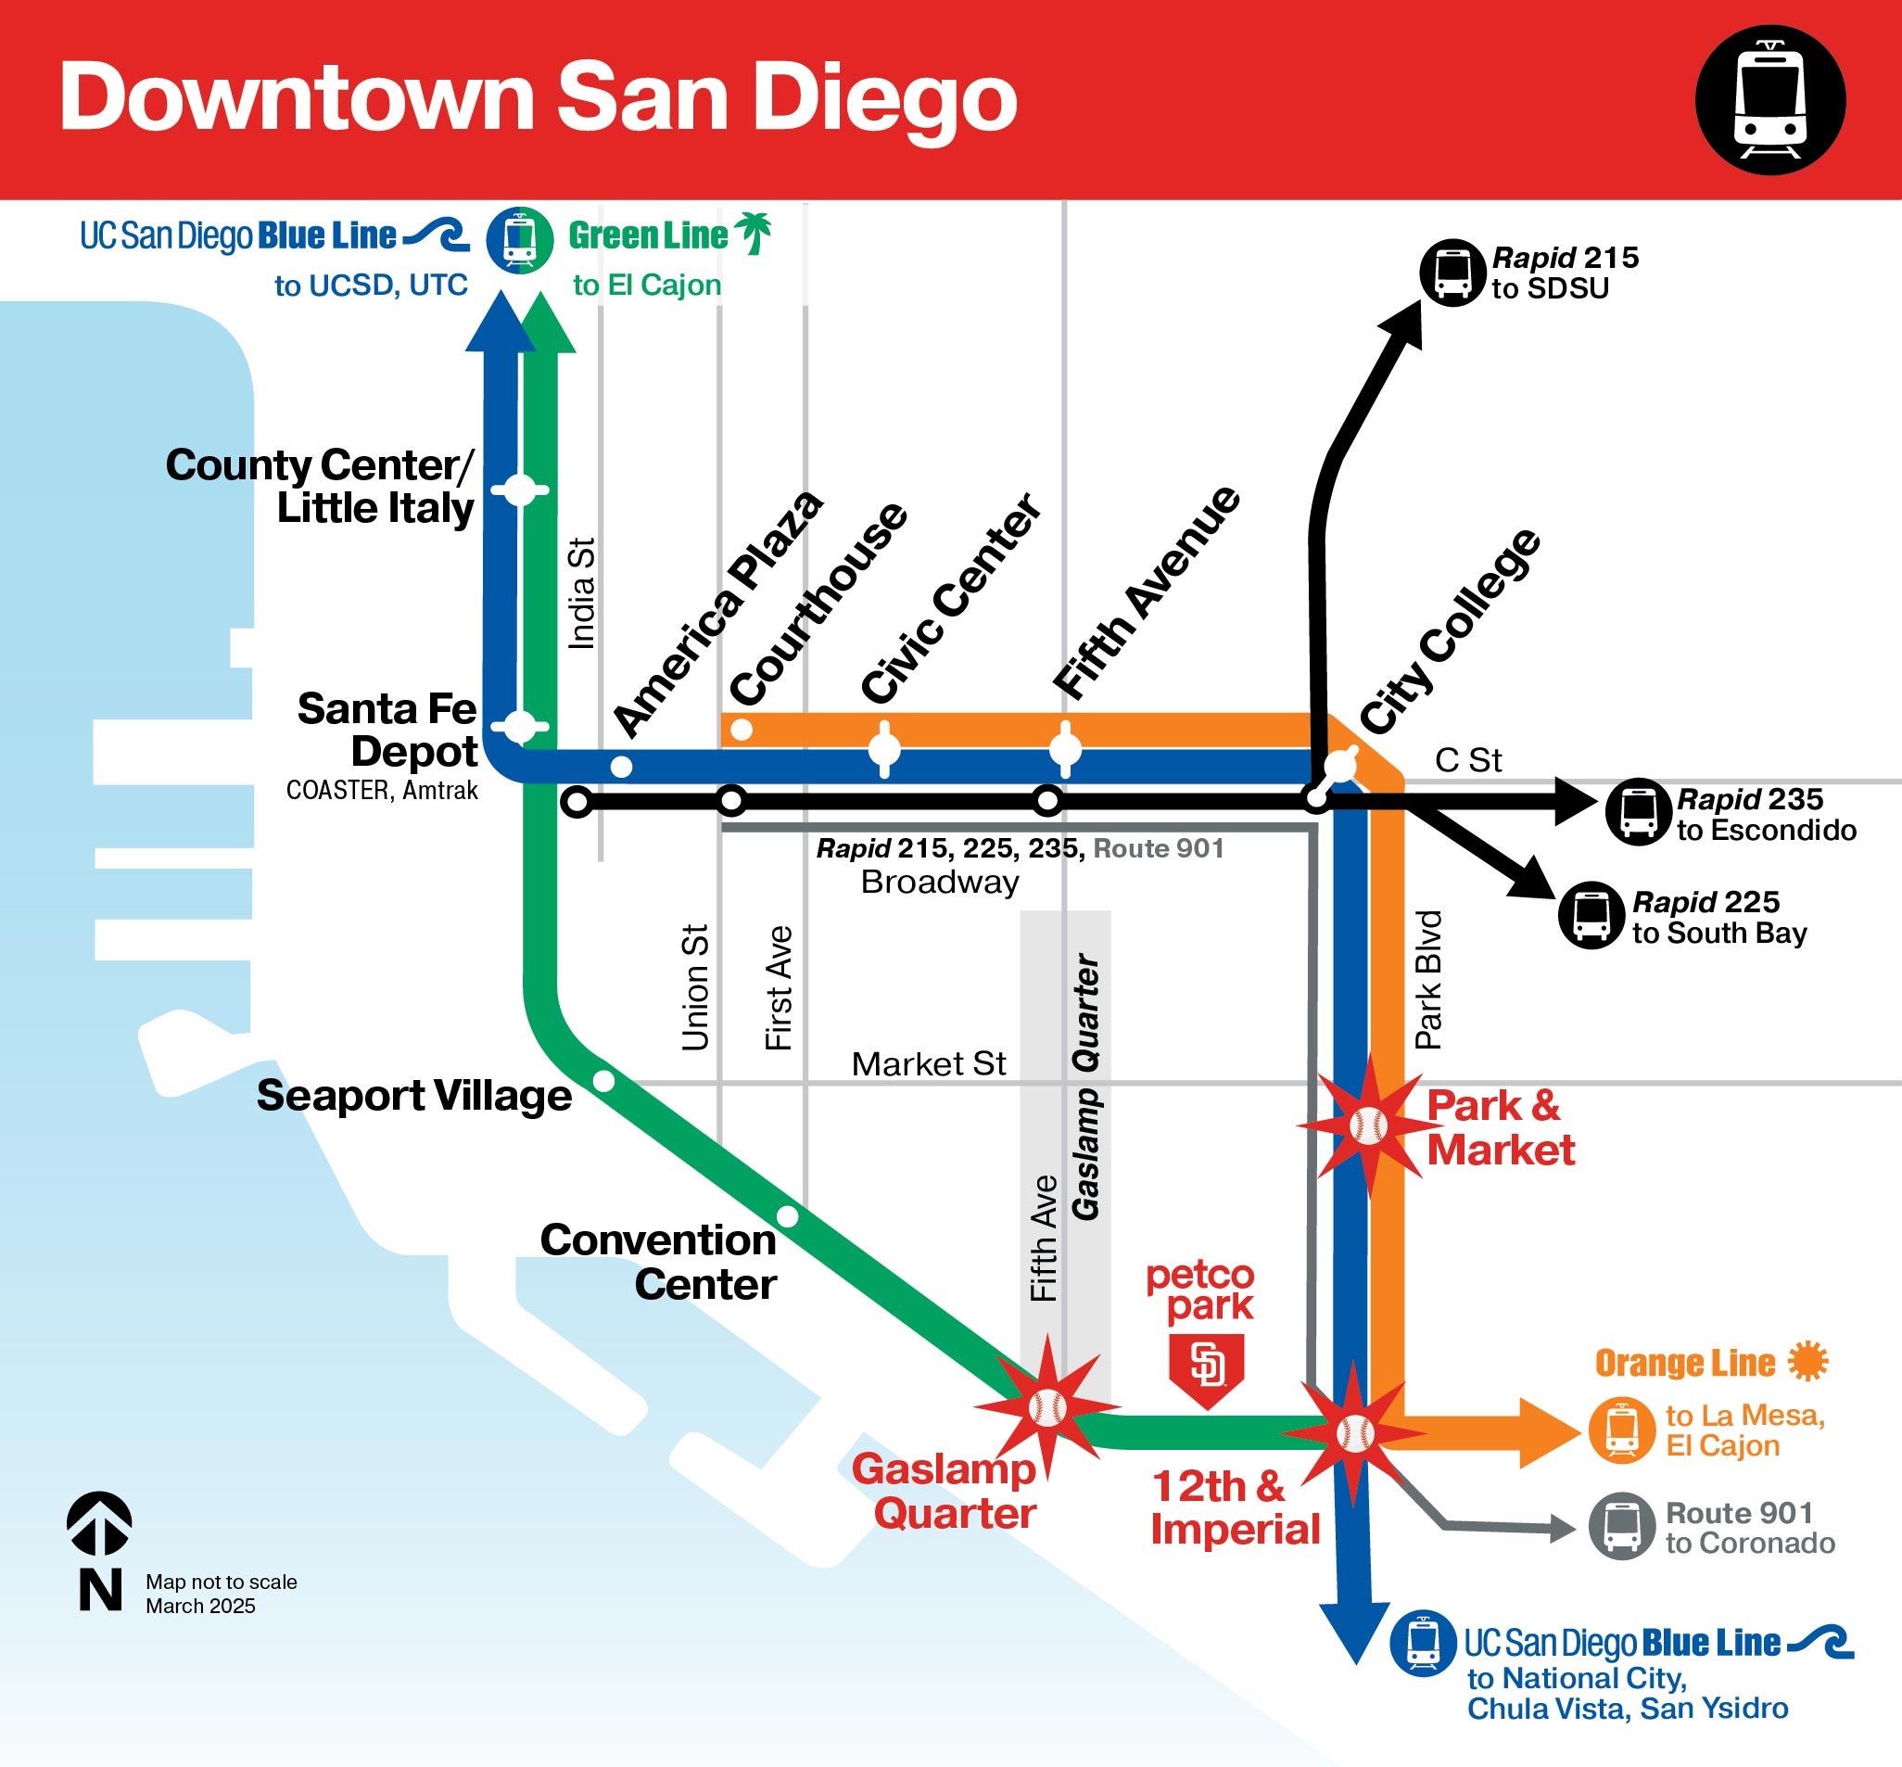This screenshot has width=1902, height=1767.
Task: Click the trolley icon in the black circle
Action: coord(1770,99)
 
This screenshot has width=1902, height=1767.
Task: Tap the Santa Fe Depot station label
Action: coord(387,730)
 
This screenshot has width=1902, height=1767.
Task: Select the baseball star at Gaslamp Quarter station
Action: coord(1046,1407)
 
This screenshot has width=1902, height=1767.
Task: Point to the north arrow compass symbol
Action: coord(99,1524)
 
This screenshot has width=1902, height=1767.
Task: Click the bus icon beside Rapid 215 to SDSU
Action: coord(1452,273)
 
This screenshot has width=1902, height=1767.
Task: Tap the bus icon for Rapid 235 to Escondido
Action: coord(1638,812)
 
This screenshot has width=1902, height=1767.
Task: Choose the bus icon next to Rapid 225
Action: coord(1591,915)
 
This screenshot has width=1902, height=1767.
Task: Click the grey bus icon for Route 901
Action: coord(1622,1526)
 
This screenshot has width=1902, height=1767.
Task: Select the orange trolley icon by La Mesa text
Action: coord(1622,1430)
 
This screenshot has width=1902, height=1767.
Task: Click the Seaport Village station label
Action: coord(413,1096)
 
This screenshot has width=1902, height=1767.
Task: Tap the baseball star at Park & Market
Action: coord(1368,1126)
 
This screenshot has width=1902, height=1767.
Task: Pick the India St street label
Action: coord(582,593)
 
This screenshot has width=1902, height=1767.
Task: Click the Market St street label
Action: coord(928,1064)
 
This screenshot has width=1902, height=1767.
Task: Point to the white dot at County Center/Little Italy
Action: coord(520,490)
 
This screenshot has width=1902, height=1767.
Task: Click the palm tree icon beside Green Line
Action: coord(754,234)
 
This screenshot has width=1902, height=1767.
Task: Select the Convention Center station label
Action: coord(658,1262)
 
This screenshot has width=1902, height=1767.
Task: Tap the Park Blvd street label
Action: coord(1428,979)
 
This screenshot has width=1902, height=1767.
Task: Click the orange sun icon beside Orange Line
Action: coord(1807,1362)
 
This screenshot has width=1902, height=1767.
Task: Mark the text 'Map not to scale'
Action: coord(221,1582)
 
